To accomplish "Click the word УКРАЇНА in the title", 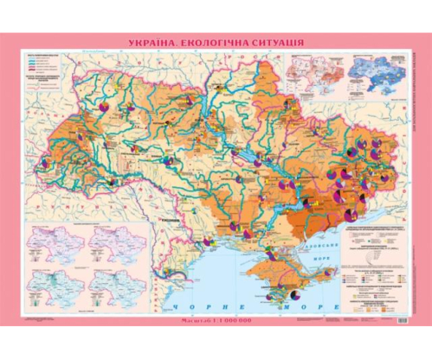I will coord(155,43).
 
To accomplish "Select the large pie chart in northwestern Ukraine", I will coord(103,110).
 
